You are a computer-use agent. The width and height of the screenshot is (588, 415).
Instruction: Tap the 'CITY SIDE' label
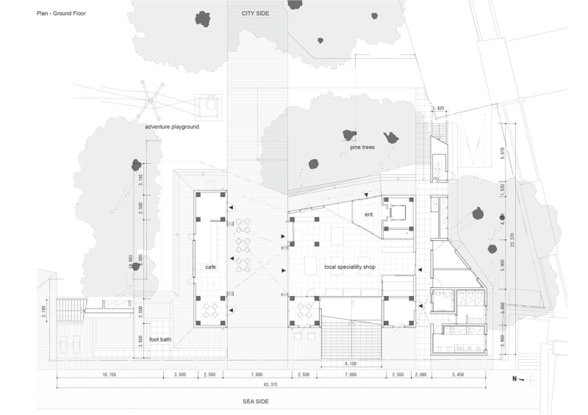pyautogui.click(x=257, y=13)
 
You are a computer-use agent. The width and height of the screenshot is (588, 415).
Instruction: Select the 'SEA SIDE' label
pyautogui.click(x=257, y=402)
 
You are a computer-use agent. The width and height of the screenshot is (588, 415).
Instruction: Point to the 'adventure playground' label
pyautogui.click(x=172, y=126)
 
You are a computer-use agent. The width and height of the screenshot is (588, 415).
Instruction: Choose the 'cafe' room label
pyautogui.click(x=209, y=267)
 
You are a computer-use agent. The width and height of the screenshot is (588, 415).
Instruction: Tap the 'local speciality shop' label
pyautogui.click(x=350, y=267)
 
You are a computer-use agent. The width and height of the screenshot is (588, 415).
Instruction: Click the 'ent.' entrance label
pyautogui.click(x=369, y=214)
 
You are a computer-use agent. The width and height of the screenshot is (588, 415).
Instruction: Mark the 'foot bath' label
pyautogui.click(x=160, y=339)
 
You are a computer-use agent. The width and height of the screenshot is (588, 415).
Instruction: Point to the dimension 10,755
pyautogui.click(x=108, y=375)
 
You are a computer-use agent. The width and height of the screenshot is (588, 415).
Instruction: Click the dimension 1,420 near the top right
pyautogui.click(x=440, y=107)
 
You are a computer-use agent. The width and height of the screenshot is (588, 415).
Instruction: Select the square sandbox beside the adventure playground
pyautogui.click(x=209, y=106)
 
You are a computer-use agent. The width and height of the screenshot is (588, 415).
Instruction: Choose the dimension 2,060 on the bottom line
pyautogui.click(x=420, y=375)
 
